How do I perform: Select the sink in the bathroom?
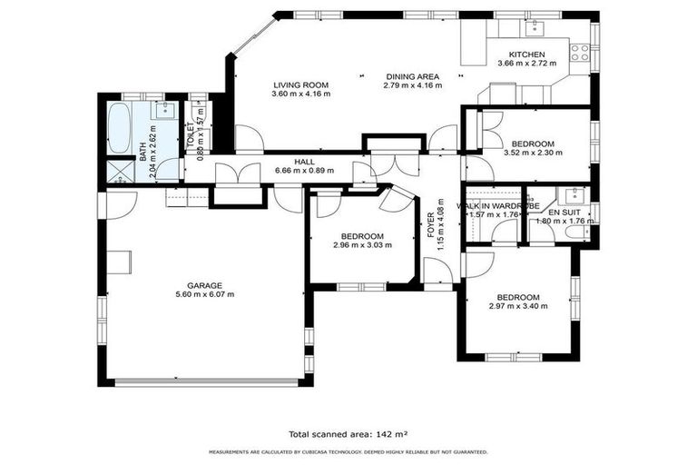164,111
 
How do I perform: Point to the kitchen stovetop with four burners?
578,52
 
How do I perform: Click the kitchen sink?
536,25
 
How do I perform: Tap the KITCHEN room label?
526,54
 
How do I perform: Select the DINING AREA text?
412,76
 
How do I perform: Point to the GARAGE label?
204,284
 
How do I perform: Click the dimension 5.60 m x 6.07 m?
204,294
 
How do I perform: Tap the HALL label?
279,160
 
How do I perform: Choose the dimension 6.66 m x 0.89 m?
279,169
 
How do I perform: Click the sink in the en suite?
574,193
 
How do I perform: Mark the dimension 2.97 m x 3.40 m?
518,308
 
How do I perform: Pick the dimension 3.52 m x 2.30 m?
532,153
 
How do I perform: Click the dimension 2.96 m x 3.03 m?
362,245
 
